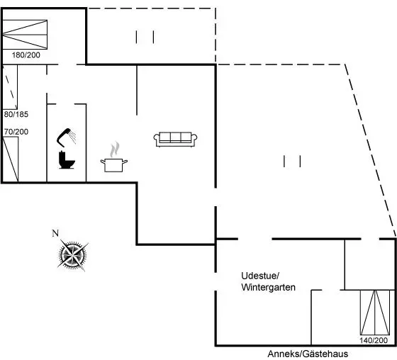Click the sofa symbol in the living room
tap(176, 139)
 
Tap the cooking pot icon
tap(114, 165)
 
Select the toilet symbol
tap(67, 159)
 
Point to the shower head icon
tap(63, 137)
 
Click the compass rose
tap(72, 254)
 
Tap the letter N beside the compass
tap(55, 233)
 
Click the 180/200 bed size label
tap(26, 55)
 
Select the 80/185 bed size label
tap(16, 114)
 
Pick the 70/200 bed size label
tap(16, 132)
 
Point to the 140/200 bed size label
tap(374, 340)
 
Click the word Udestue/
tap(260, 276)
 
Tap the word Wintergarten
tap(269, 287)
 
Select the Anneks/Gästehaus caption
tap(308, 354)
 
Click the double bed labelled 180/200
tap(25, 34)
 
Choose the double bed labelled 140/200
tap(375, 313)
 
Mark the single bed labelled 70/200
tap(11, 159)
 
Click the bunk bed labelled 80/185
tap(10, 87)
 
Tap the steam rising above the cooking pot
tap(114, 150)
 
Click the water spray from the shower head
tap(73, 137)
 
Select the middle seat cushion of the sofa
tap(176, 137)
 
